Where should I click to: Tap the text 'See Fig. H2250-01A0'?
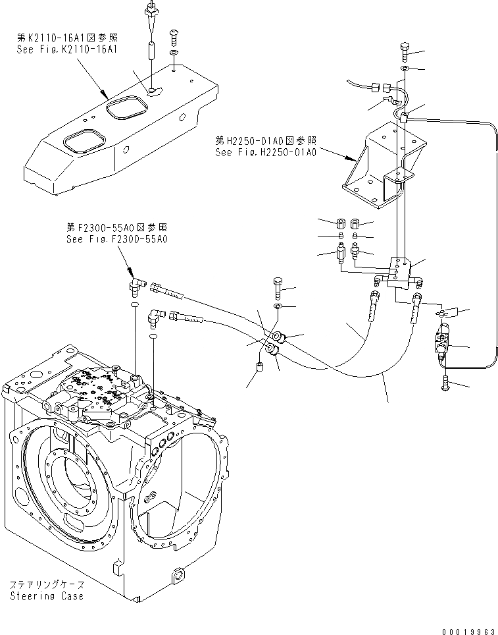click(x=266, y=152)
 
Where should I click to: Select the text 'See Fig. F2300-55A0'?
click(x=117, y=238)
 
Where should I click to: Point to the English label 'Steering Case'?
click(x=47, y=595)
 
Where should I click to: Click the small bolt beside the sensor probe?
click(x=174, y=33)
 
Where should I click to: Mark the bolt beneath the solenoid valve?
click(x=446, y=381)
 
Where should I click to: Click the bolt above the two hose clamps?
click(x=278, y=288)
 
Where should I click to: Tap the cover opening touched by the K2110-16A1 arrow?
click(x=126, y=107)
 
